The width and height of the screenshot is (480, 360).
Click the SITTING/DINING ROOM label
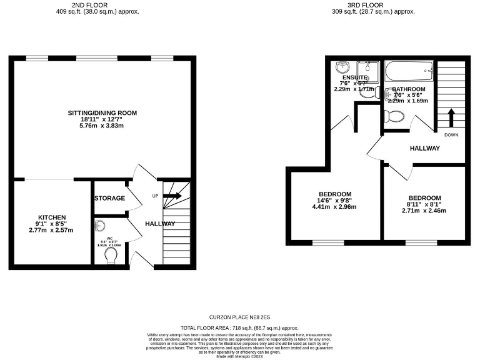[x=102, y=113]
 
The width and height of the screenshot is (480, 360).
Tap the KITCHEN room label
[x=51, y=216]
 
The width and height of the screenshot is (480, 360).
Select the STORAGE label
[x=109, y=198]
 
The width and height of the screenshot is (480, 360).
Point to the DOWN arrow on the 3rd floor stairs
[x=451, y=116]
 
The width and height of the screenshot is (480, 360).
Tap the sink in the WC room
[x=100, y=226]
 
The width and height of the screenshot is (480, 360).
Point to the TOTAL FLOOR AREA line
[x=240, y=327]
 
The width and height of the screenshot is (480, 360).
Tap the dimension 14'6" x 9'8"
[x=335, y=201]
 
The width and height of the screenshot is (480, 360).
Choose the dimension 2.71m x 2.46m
[x=424, y=211]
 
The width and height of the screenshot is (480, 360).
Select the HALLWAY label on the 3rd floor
[x=424, y=148]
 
